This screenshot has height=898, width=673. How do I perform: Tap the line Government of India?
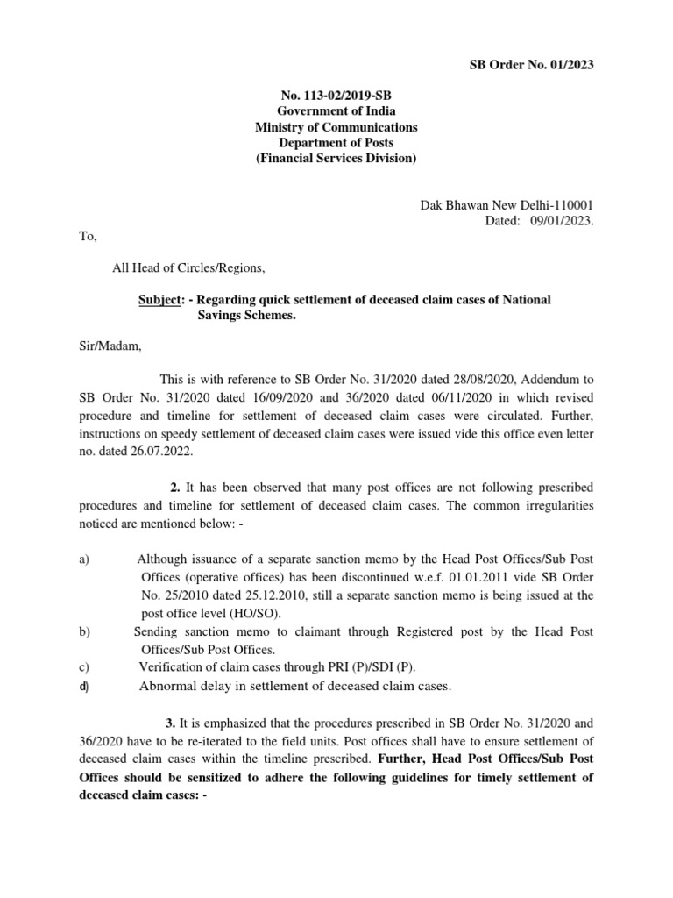[336, 110]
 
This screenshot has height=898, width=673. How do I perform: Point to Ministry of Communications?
[336, 127]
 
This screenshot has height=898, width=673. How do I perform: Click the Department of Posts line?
[336, 143]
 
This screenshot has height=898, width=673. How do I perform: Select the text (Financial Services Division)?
[336, 159]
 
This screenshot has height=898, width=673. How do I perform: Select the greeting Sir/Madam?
[105, 346]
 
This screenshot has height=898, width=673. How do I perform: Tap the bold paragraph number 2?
[175, 486]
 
